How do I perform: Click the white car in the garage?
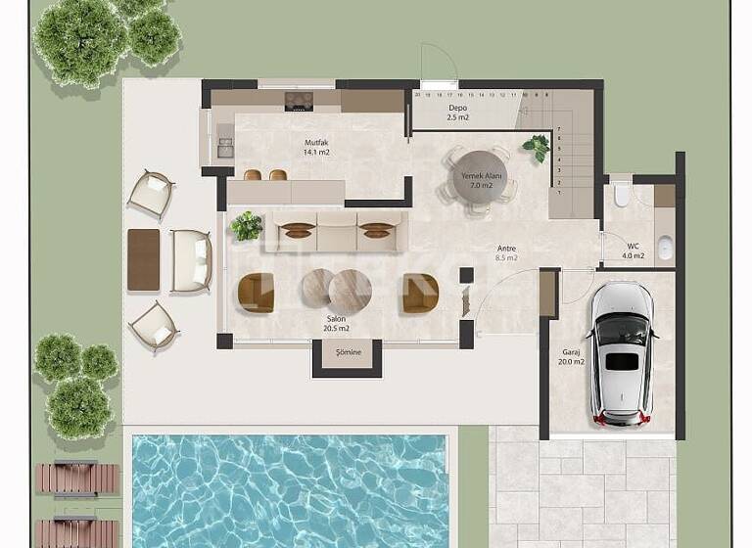(623, 353)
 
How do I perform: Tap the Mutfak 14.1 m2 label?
(316, 148)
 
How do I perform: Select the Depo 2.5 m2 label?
(457, 113)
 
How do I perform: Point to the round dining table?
(480, 179)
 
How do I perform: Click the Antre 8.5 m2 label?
(506, 252)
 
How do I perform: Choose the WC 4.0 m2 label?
(633, 251)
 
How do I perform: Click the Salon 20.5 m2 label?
(337, 323)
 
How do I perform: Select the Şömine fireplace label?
(348, 352)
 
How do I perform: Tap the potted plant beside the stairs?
(537, 148)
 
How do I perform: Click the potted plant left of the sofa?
(247, 226)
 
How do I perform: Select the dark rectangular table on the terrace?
(143, 259)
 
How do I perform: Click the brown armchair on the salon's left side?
(257, 293)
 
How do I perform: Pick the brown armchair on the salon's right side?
(419, 294)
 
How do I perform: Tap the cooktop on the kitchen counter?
(299, 100)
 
